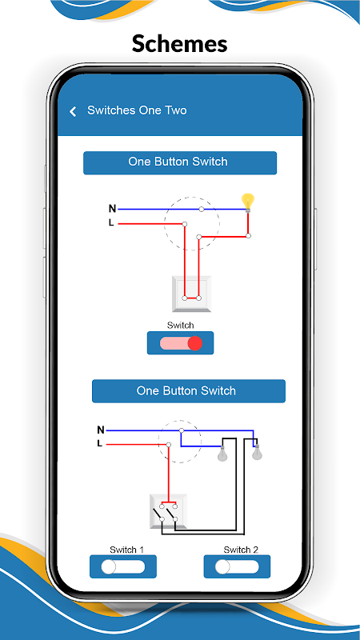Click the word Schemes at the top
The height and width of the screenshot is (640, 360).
[x=179, y=44]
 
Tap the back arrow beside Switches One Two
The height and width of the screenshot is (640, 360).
[x=73, y=111]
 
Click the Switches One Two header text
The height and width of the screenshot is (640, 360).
[x=137, y=110]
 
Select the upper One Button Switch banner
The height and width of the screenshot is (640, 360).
[x=180, y=163]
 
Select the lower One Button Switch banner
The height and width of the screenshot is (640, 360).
[x=189, y=391]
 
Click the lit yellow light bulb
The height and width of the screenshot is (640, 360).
[x=248, y=202]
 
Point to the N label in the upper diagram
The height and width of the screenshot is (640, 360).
[x=112, y=209]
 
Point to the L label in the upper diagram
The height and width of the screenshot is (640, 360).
[x=111, y=223]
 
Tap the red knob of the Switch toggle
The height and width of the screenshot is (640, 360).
[x=195, y=343]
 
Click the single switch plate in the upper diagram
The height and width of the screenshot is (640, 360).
[x=192, y=294]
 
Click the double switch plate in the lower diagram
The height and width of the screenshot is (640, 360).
[x=169, y=511]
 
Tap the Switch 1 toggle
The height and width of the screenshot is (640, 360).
[x=123, y=566]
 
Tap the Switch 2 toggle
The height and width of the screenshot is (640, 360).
[x=237, y=566]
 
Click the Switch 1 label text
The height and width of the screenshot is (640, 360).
[x=126, y=550]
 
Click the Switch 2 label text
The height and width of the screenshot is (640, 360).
[x=241, y=550]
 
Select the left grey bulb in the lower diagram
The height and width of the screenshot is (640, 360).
[x=222, y=454]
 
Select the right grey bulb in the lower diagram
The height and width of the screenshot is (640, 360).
[x=257, y=452]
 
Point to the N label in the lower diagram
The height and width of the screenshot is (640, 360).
[x=101, y=430]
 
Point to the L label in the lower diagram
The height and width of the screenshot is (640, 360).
[x=99, y=444]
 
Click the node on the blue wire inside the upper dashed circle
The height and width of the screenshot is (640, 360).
[x=202, y=209]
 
